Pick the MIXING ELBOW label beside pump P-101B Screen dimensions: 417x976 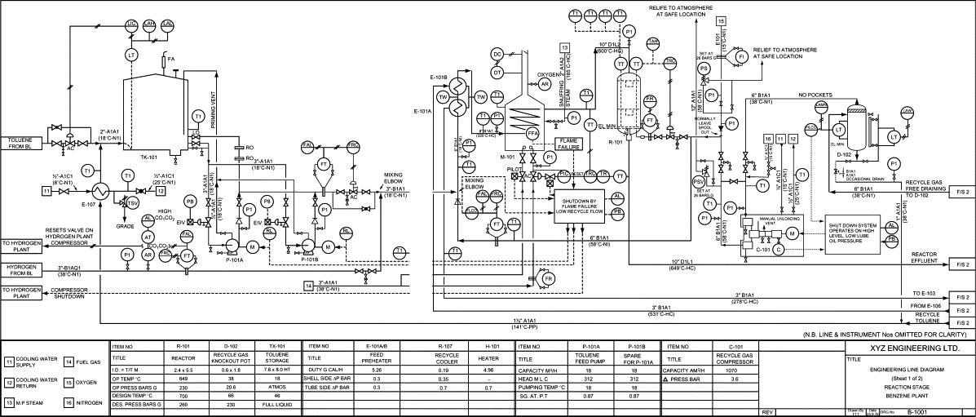tap(395, 177)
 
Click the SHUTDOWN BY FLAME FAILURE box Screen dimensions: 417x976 tap(578, 206)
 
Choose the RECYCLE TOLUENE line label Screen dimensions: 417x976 tap(926, 317)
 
